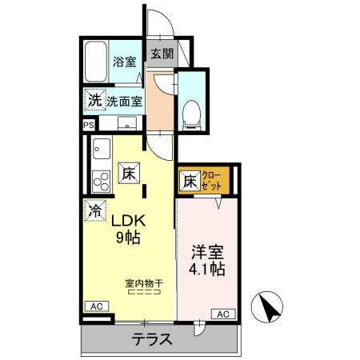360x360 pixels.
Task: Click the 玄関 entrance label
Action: click(161, 54)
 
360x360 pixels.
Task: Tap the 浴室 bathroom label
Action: click(124, 61)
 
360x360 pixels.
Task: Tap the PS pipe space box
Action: click(88, 124)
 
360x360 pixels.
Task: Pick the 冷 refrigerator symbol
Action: click(94, 211)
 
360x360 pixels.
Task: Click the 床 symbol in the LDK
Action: click(128, 172)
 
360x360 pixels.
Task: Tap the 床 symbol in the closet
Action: click(189, 182)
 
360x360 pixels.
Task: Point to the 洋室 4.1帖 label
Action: click(206, 259)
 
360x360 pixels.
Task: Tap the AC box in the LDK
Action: click(95, 306)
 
